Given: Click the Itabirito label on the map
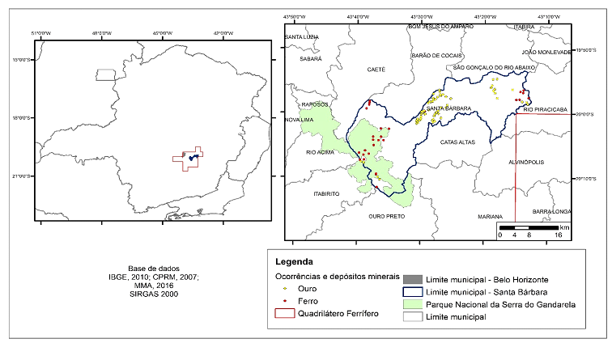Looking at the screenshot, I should [x=317, y=195].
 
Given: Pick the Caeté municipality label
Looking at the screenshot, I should [x=376, y=70].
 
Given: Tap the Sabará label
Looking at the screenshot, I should [x=311, y=59].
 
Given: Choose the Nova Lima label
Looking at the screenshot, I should [x=299, y=120].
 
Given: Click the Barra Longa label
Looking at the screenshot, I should [x=552, y=211].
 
